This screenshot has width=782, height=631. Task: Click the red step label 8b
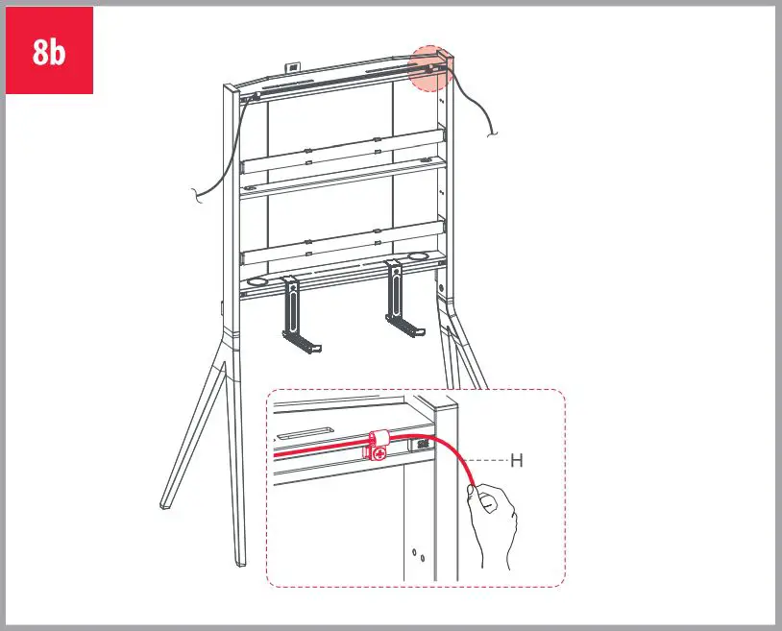click(49, 51)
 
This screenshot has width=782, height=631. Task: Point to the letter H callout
click(517, 461)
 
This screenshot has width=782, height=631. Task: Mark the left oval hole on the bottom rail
click(256, 283)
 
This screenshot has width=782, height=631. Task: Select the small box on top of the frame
click(292, 67)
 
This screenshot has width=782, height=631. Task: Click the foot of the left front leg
click(166, 502)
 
